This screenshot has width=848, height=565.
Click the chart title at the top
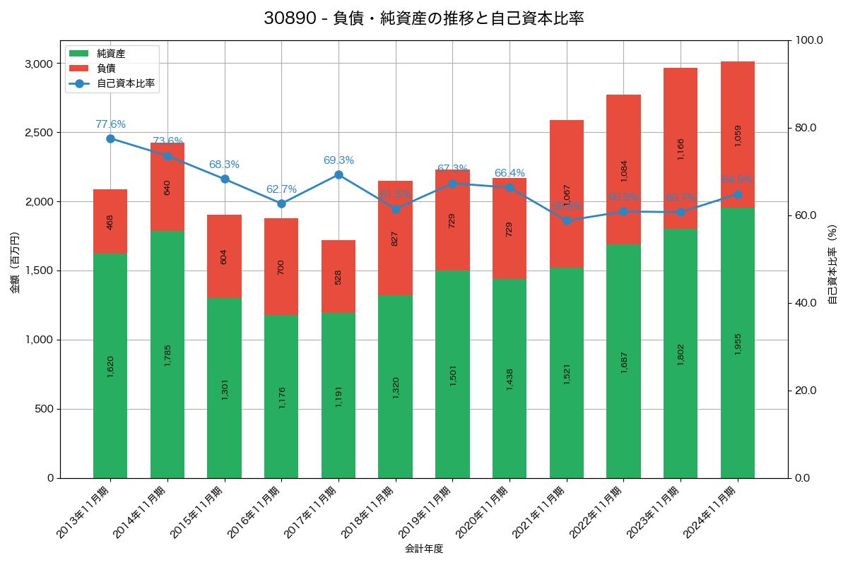click(424, 18)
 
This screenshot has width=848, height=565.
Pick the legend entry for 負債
click(106, 69)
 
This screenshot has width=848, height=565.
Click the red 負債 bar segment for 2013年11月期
click(110, 221)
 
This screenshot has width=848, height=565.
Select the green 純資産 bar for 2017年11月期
click(338, 395)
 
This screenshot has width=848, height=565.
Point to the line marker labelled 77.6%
click(110, 138)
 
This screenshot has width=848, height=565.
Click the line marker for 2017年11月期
click(338, 175)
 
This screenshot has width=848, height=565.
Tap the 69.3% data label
click(338, 160)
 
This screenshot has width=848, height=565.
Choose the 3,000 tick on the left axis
click(39, 64)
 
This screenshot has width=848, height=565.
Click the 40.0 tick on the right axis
click(806, 303)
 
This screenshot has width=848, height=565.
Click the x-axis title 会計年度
click(424, 549)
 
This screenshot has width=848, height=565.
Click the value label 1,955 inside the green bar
click(738, 343)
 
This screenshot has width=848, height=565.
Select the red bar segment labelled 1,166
click(681, 148)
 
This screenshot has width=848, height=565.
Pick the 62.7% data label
click(281, 189)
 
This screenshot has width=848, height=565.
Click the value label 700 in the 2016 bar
click(281, 267)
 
